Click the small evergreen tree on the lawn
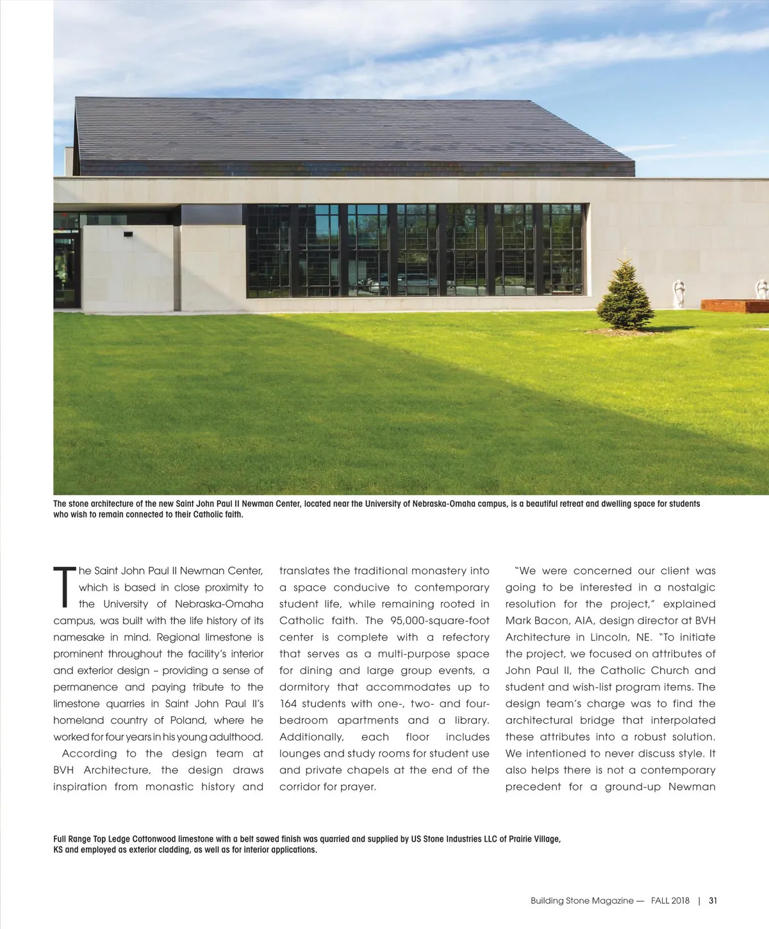click(625, 295)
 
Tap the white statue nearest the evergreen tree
click(678, 294)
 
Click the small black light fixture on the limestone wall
click(129, 234)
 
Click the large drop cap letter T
click(64, 586)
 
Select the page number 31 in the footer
click(713, 900)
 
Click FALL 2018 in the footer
click(670, 900)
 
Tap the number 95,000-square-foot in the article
click(440, 620)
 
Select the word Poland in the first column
click(189, 720)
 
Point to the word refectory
click(465, 637)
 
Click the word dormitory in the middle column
click(304, 687)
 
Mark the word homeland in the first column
click(78, 720)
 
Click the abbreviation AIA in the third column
click(579, 620)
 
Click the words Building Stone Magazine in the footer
click(582, 900)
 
